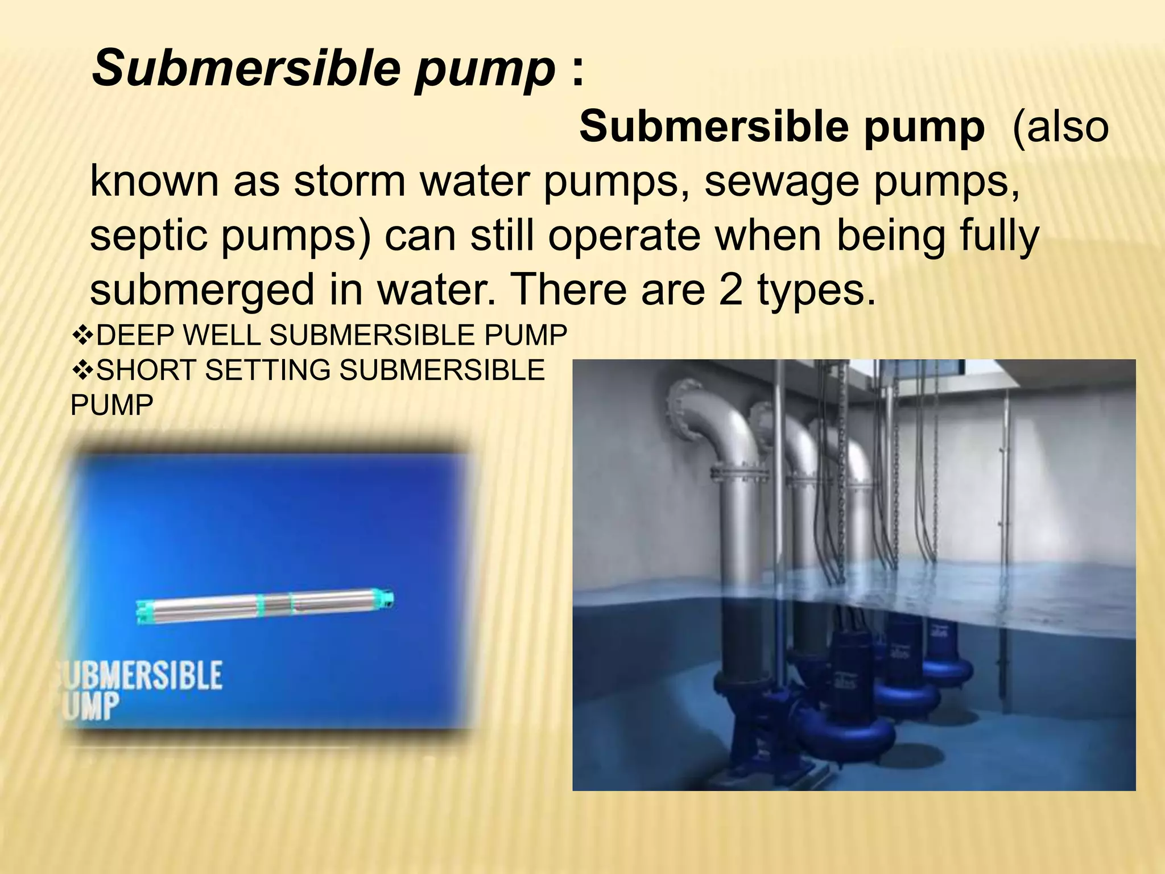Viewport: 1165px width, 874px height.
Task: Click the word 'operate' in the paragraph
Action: coord(624,237)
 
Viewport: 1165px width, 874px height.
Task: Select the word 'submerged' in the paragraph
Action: coord(202,291)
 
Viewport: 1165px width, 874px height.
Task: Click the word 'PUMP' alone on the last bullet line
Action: coord(111,406)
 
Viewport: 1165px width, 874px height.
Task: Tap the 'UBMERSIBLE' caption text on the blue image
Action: coord(142,676)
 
